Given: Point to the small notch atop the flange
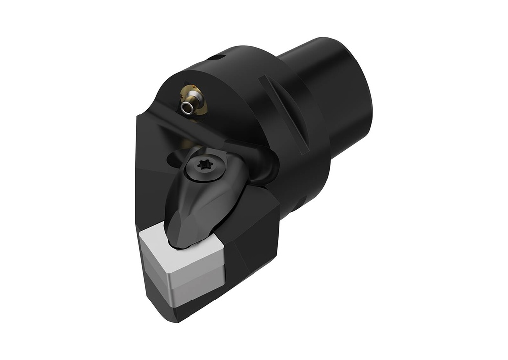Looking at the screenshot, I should pyautogui.click(x=212, y=58).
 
